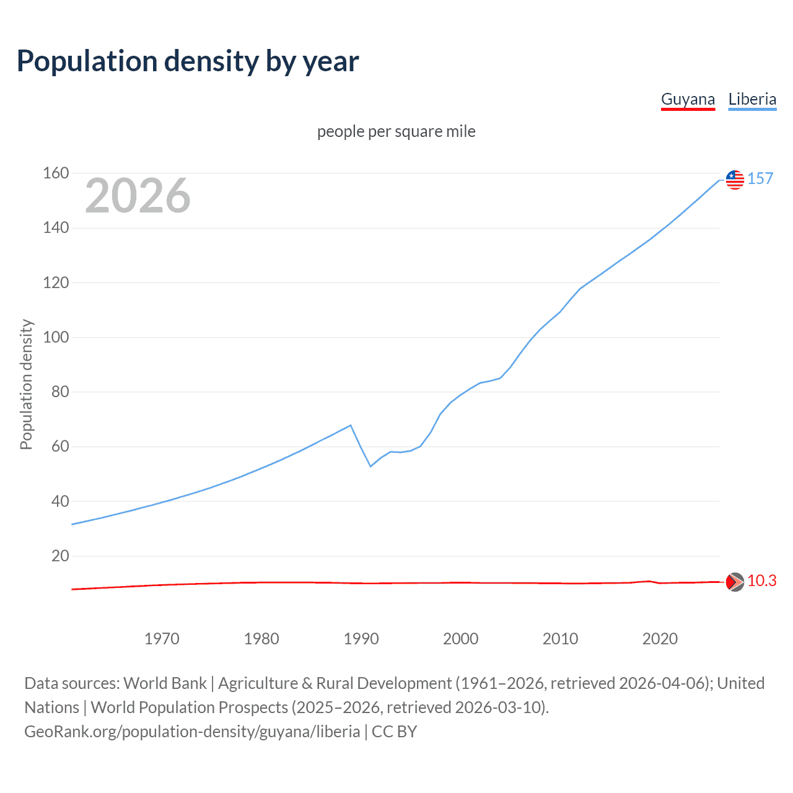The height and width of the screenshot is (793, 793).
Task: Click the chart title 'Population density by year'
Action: [x=188, y=61]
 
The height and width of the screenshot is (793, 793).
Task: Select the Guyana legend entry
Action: [x=688, y=99]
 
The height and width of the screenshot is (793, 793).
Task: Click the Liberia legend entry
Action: [x=752, y=99]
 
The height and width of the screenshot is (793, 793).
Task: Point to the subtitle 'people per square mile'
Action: [x=396, y=131]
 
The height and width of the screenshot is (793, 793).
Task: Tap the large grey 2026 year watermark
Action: [x=138, y=196]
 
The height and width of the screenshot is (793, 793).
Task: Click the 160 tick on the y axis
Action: [x=56, y=173]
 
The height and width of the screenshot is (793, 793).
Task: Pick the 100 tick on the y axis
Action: [x=56, y=338]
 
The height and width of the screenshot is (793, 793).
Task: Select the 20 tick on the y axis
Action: [x=60, y=556]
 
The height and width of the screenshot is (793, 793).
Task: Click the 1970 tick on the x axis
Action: [x=162, y=639]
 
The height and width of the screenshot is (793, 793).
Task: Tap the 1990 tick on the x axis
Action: [x=361, y=639]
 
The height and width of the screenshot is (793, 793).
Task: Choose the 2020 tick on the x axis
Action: [x=660, y=639]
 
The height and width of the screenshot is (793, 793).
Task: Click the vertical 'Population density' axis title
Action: [x=26, y=384]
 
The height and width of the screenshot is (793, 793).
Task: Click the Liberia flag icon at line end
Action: [x=735, y=180]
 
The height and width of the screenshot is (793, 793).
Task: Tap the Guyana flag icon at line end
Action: [x=735, y=582]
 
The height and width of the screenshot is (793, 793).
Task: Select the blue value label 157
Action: [x=760, y=179]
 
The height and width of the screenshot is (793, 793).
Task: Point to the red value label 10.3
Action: [x=761, y=581]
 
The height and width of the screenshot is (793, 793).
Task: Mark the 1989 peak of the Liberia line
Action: [x=351, y=425]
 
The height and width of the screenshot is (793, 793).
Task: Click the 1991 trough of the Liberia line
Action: [x=370, y=467]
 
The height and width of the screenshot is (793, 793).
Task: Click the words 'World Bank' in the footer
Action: [x=165, y=683]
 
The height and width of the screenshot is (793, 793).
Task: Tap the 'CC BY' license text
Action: [x=394, y=732]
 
